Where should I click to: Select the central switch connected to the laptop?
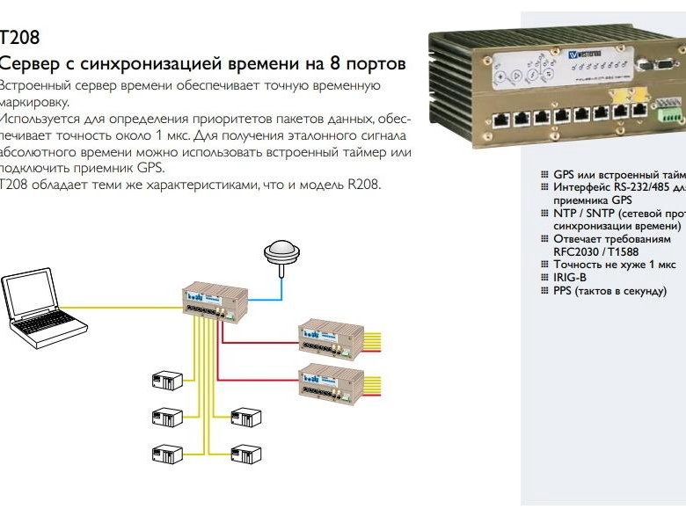pyautogui.click(x=211, y=303)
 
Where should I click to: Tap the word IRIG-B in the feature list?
pyautogui.click(x=570, y=277)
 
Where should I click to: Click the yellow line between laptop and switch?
pyautogui.click(x=132, y=307)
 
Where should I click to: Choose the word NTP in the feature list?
pyautogui.click(x=564, y=213)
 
